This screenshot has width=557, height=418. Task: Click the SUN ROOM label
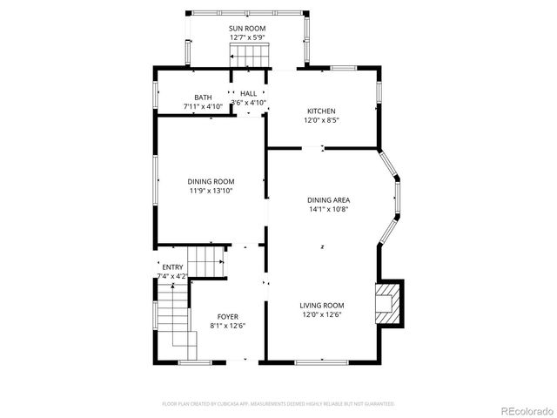point(247,29)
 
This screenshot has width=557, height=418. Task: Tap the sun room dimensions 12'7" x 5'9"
point(247,38)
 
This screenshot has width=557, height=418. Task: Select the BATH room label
point(203,98)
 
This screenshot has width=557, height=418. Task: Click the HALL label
point(249,93)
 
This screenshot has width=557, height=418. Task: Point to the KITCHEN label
point(321,111)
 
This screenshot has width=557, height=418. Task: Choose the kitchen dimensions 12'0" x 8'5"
point(321,120)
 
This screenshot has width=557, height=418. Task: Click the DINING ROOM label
point(211,181)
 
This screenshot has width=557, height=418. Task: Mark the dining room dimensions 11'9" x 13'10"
point(211,191)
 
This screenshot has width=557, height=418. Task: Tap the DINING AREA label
point(328,199)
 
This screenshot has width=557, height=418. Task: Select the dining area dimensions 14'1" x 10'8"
point(328,209)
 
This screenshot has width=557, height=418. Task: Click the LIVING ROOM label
point(322,306)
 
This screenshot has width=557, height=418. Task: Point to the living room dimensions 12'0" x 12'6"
point(322,315)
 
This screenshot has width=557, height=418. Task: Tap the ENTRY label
point(172,267)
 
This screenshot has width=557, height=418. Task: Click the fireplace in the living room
point(387,304)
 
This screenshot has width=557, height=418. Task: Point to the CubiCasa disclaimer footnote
point(278,404)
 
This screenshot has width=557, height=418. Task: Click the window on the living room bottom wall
point(322,361)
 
